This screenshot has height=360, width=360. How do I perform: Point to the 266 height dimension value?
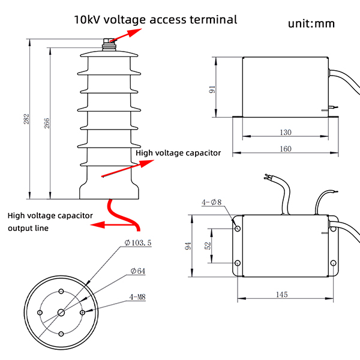pyautogui.click(x=47, y=122)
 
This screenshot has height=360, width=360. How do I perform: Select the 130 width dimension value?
pyautogui.click(x=285, y=132)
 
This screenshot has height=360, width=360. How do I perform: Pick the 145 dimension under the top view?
pyautogui.click(x=283, y=294)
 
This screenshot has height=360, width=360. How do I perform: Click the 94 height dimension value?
pyautogui.click(x=188, y=246)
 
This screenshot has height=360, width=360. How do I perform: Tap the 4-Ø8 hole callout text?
pyautogui.click(x=212, y=202)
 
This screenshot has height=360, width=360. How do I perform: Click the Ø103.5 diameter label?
pyautogui.click(x=140, y=242)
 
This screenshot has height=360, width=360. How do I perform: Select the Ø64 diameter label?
pyautogui.click(x=139, y=271)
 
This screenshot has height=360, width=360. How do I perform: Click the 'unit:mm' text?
pyautogui.click(x=311, y=23)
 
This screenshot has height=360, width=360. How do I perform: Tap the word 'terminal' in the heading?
pyautogui.click(x=212, y=19)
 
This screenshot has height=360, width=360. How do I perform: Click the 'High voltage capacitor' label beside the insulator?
pyautogui.click(x=178, y=153)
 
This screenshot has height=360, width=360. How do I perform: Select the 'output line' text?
pyautogui.click(x=28, y=228)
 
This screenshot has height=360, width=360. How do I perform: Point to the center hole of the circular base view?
pyautogui.click(x=62, y=312)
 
